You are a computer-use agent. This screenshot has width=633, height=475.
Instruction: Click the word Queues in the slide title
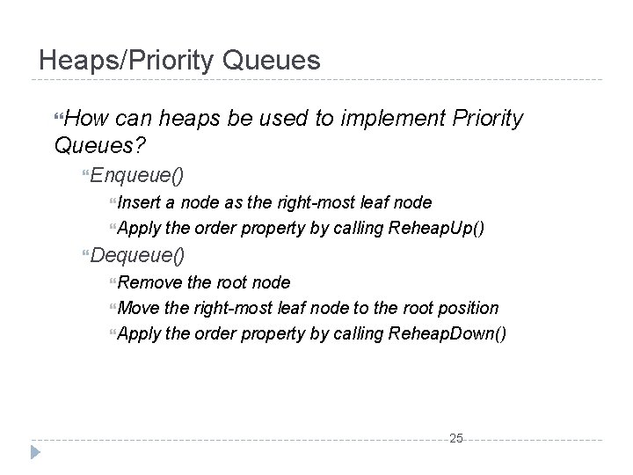click(x=273, y=60)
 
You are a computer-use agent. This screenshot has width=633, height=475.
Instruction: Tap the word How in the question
click(x=86, y=118)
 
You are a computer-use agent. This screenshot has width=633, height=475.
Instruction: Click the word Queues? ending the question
click(x=98, y=143)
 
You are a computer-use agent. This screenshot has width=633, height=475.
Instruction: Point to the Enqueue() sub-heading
click(x=137, y=175)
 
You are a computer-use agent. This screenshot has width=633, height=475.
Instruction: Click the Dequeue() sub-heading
click(x=138, y=255)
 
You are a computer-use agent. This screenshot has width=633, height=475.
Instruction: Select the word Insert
click(x=135, y=202)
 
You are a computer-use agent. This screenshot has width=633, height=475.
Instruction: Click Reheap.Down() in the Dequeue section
click(x=447, y=334)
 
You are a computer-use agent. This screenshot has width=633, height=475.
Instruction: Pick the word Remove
click(x=144, y=282)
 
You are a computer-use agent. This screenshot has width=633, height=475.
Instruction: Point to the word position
click(x=469, y=308)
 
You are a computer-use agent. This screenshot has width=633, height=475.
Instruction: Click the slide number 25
click(x=456, y=438)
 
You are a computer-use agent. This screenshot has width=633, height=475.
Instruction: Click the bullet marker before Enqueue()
click(x=84, y=176)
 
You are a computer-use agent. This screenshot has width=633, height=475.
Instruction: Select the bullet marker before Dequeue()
click(x=84, y=256)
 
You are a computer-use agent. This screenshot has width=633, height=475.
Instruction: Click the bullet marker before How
click(x=58, y=119)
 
